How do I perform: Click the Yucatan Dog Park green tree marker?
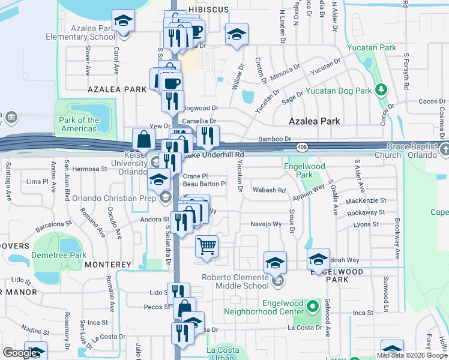click(380, 90)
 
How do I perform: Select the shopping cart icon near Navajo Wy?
click(206, 245)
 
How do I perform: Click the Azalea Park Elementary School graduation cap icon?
click(124, 21)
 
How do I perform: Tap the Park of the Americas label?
click(79, 124)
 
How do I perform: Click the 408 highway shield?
click(301, 147)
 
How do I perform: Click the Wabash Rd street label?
click(273, 190)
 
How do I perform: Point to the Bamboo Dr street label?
click(274, 139)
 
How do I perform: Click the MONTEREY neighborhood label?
click(108, 264)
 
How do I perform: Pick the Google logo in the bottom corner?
click(20, 353)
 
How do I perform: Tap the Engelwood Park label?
click(304, 170)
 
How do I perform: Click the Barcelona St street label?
click(53, 224)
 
